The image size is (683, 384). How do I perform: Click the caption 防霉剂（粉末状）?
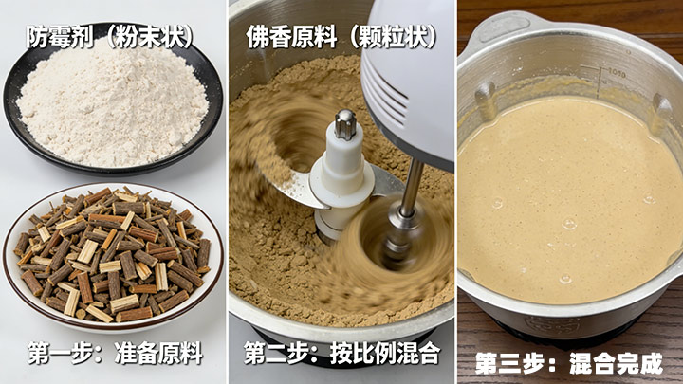tap(110, 37)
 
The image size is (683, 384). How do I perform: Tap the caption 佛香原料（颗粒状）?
tap(341, 37)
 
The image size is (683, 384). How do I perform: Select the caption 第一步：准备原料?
tap(116, 353)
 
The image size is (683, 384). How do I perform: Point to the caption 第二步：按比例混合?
tap(341, 353)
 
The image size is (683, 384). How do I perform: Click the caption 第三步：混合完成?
tap(569, 362)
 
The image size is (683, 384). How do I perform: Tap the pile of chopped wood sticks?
tap(112, 255)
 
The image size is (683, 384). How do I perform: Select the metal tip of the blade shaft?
tap(345, 124)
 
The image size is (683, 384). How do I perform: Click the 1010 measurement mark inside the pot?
tap(617, 73)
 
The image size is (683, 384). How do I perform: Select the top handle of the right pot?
tap(501, 27)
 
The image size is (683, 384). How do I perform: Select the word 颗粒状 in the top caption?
tap(392, 37)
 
